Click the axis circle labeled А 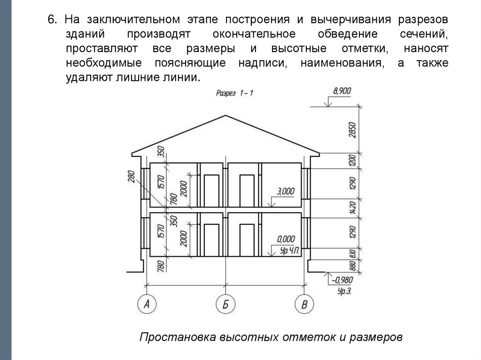(147, 305)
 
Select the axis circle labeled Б (225, 305)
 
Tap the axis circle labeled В (304, 305)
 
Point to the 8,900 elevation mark (341, 91)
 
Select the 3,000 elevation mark (286, 191)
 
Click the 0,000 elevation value (286, 238)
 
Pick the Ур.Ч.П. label (289, 251)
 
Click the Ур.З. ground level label (344, 291)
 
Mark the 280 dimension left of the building (132, 176)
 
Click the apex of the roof (226, 115)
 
